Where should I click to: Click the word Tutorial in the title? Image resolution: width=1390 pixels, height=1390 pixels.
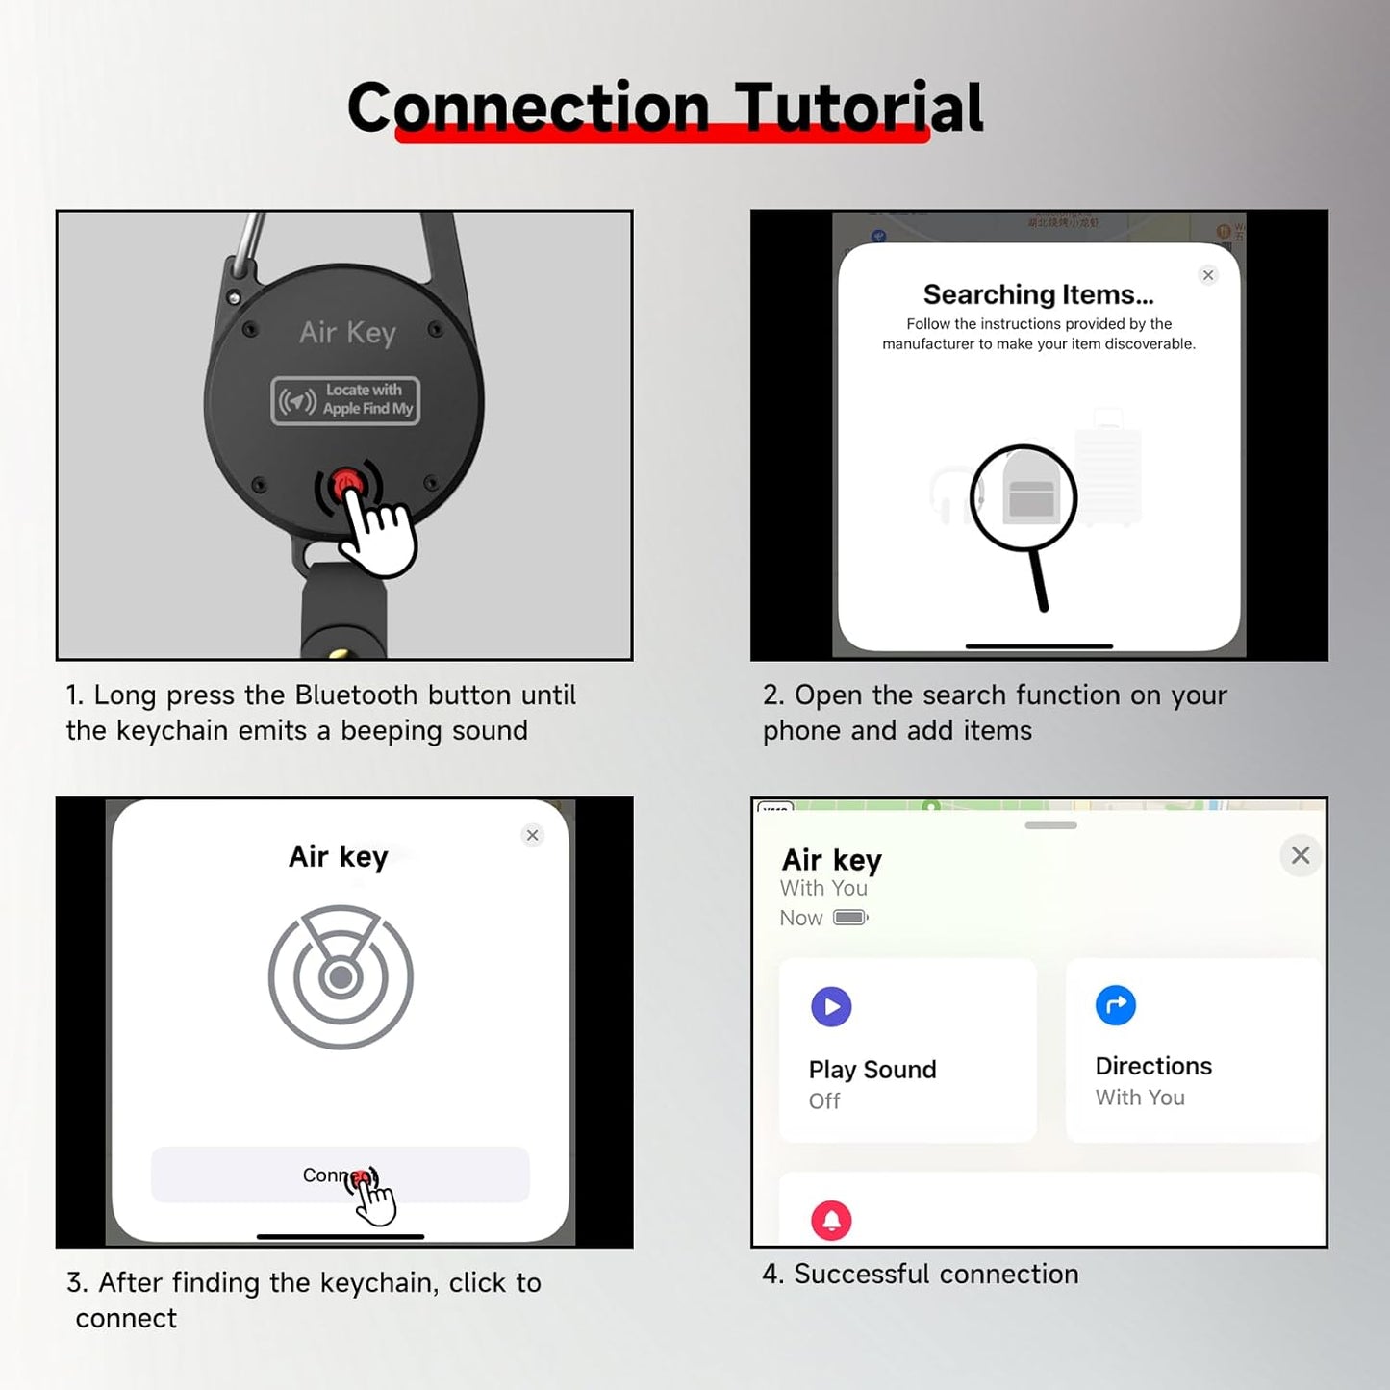[x=858, y=107]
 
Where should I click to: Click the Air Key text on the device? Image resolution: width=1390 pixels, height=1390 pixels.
[x=347, y=333]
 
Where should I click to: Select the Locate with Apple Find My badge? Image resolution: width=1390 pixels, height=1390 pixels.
[x=345, y=400]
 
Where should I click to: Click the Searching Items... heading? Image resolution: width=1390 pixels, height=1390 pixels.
[x=1038, y=294]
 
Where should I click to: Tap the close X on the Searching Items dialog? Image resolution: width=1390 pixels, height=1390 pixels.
[x=1208, y=275]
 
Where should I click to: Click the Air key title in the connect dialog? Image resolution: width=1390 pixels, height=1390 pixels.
[x=339, y=856]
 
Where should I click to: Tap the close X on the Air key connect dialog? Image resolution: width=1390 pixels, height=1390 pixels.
[x=532, y=835]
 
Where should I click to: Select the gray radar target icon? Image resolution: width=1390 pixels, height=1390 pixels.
[x=341, y=977]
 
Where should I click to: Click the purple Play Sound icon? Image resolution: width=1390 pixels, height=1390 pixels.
[x=831, y=1007]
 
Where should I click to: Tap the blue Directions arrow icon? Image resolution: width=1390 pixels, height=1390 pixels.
[x=1116, y=1005]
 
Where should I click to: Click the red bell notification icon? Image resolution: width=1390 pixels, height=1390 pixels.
[x=831, y=1221]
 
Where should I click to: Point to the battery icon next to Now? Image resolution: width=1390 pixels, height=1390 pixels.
[x=850, y=918]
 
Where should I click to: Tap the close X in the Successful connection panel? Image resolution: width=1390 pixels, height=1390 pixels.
[x=1301, y=855]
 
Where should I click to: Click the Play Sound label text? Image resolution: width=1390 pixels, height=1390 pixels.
[x=872, y=1070]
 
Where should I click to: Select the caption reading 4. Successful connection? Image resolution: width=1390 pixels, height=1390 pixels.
[x=921, y=1274]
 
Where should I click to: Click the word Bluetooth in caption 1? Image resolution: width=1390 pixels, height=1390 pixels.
[x=356, y=695]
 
